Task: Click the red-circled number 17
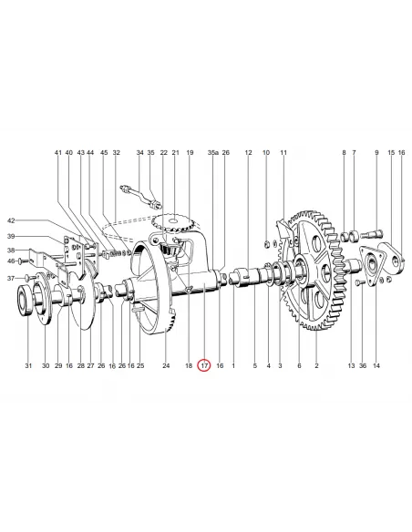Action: click(204, 365)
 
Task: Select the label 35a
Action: click(212, 153)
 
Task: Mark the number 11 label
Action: click(283, 153)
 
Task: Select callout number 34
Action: click(140, 153)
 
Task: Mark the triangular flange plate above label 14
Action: click(381, 263)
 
